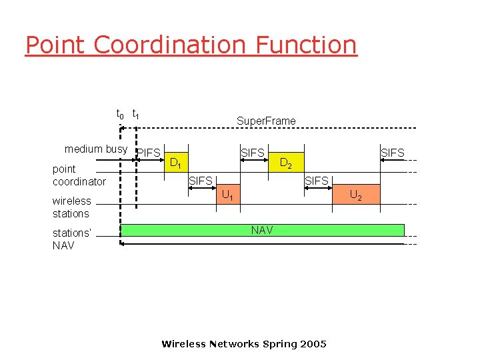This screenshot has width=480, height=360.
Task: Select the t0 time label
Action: (x=120, y=115)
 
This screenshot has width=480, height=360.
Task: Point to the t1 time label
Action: (x=136, y=115)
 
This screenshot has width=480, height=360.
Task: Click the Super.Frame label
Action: (x=266, y=121)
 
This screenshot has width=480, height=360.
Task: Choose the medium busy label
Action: (x=96, y=149)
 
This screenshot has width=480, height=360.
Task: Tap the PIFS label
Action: (x=149, y=153)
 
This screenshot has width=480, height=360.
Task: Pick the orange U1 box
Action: (x=228, y=195)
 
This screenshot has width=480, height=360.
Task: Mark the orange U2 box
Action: (x=356, y=195)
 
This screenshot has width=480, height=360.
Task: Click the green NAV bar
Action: (x=261, y=230)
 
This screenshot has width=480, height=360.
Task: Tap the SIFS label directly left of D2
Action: (x=253, y=153)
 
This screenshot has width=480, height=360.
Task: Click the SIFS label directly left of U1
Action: (x=201, y=181)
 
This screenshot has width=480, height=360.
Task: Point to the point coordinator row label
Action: (x=79, y=175)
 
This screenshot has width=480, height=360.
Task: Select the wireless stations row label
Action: (x=71, y=207)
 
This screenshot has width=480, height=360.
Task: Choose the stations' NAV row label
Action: (x=71, y=239)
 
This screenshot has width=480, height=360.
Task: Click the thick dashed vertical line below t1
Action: (x=136, y=173)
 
